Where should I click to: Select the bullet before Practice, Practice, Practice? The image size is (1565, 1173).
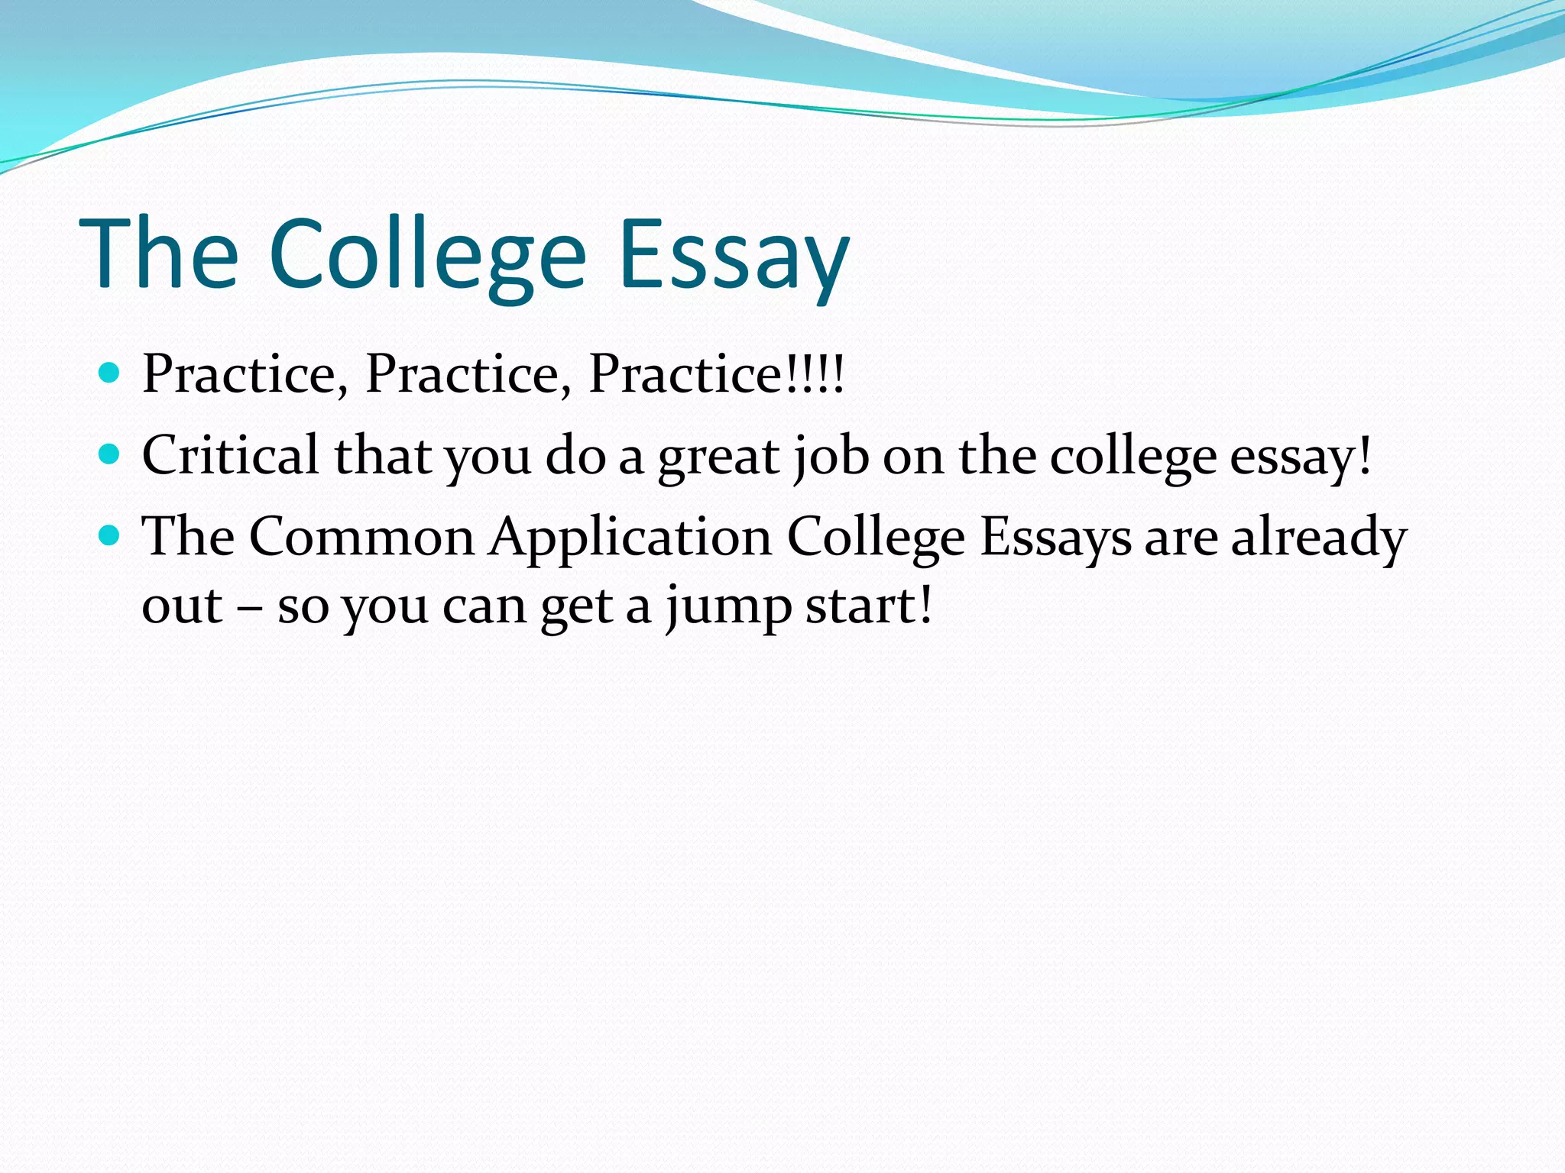pos(110,373)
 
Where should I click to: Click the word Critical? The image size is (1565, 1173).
pos(230,455)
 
